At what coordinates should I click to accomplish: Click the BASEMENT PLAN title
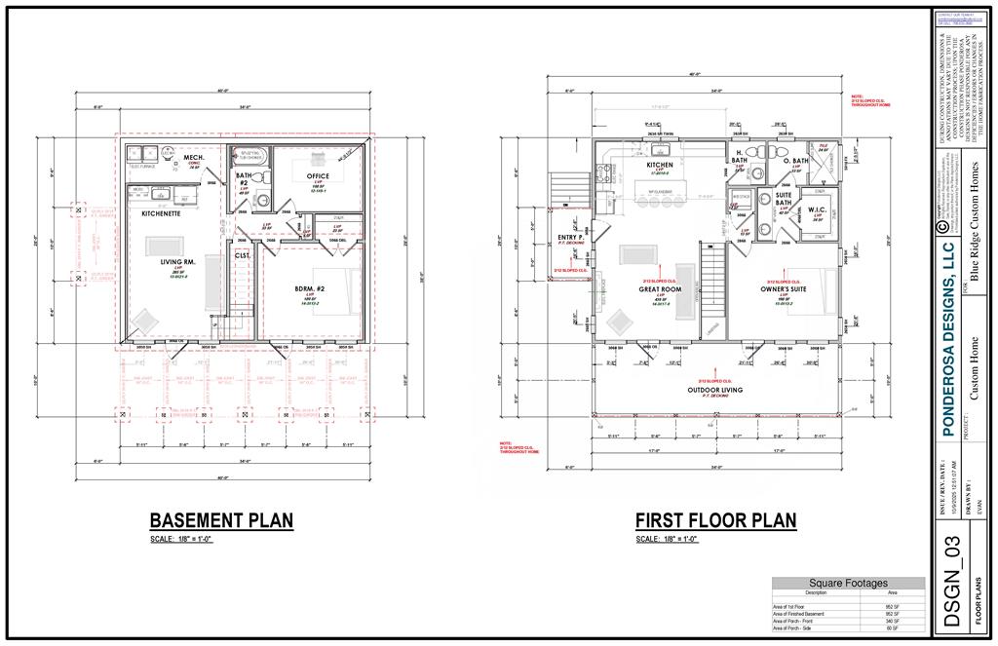click(x=221, y=520)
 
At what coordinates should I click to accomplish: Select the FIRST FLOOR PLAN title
click(x=715, y=520)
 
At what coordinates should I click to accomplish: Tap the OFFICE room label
click(x=318, y=176)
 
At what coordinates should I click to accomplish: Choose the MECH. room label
click(x=193, y=157)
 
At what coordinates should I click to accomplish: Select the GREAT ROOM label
click(x=659, y=289)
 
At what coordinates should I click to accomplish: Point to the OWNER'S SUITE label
click(x=784, y=289)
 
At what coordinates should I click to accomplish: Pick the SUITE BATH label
click(x=783, y=199)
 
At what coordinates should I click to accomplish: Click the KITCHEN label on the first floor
click(x=660, y=165)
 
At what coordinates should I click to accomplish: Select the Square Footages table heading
click(x=849, y=583)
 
